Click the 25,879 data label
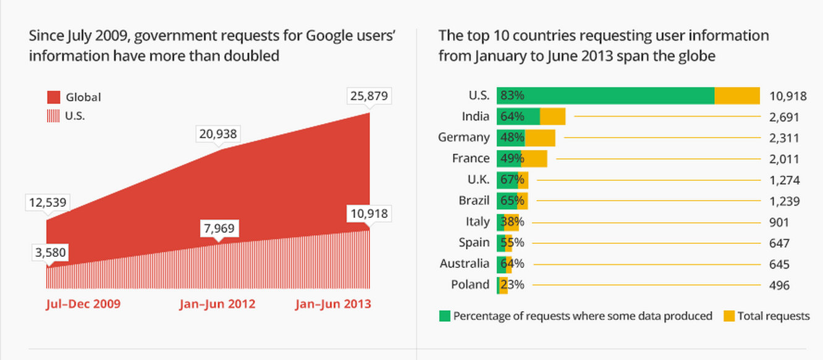pyautogui.click(x=369, y=97)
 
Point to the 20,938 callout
pyautogui.click(x=218, y=133)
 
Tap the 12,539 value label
pyautogui.click(x=47, y=203)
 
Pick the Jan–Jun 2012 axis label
pyautogui.click(x=217, y=304)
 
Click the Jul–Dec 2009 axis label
pyautogui.click(x=83, y=304)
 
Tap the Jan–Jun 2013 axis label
pyautogui.click(x=333, y=304)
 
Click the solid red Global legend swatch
pyautogui.click(x=54, y=97)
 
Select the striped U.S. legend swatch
pyautogui.click(x=54, y=115)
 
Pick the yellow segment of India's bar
pyautogui.click(x=553, y=117)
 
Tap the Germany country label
pyautogui.click(x=463, y=138)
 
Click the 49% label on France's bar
pyautogui.click(x=513, y=159)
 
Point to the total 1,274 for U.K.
pyautogui.click(x=785, y=180)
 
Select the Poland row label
pyautogui.click(x=471, y=285)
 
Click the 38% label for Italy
pyautogui.click(x=513, y=222)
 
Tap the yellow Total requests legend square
pyautogui.click(x=729, y=316)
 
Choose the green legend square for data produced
pyautogui.click(x=445, y=316)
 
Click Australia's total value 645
pyautogui.click(x=780, y=264)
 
